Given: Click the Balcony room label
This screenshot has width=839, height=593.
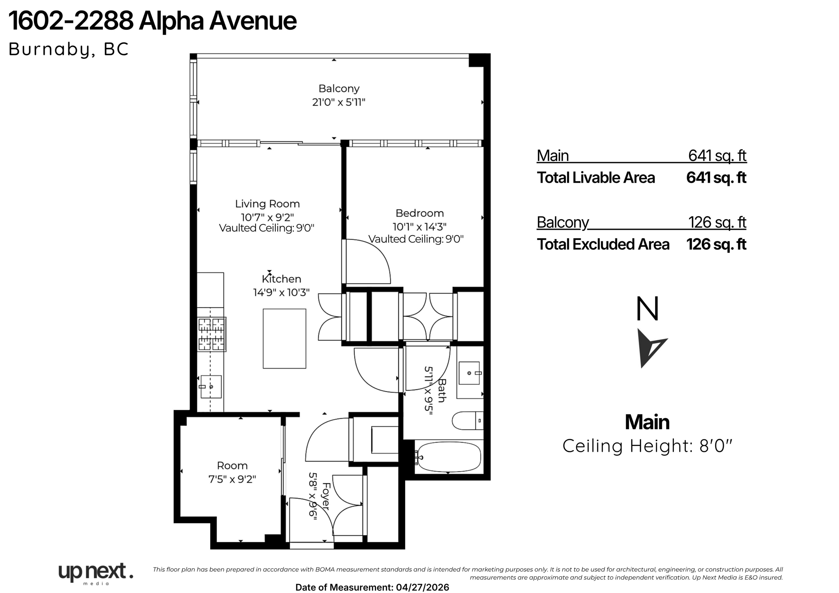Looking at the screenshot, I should coord(339,88).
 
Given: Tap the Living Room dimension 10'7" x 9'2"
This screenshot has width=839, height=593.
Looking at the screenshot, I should coord(267,217).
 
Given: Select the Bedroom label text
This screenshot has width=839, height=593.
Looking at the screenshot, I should coord(419,213).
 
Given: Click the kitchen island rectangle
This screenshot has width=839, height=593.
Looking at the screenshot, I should coord(284,339).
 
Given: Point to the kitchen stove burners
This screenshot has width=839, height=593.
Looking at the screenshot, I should coord(211,334).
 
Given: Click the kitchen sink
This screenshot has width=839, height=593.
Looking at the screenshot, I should coord(211,387).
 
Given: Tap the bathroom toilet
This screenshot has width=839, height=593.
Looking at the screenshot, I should coord(467,421).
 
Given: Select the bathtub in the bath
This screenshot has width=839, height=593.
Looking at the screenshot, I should coord(448,457).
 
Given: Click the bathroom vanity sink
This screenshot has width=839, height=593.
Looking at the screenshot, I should coord(469,373).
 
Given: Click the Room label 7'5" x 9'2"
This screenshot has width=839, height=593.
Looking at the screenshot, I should coord(232,472).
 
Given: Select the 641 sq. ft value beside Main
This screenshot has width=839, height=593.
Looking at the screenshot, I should coord(717,156).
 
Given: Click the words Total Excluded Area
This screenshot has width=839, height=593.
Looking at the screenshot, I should coord(603,244).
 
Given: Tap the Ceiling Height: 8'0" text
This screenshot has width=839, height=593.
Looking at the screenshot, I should coord(647,446).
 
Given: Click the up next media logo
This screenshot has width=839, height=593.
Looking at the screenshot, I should coord(96,573).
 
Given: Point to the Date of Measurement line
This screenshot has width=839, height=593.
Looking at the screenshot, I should coord(372,587).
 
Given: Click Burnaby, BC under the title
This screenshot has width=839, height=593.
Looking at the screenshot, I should coord(68,49).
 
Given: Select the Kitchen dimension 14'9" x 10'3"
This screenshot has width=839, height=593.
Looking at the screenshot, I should coord(281,292).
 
